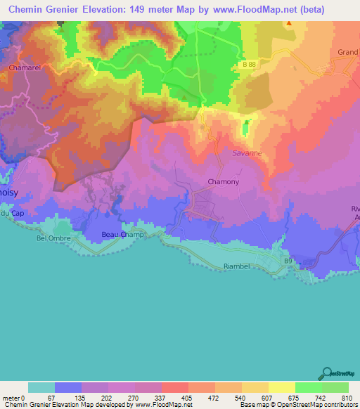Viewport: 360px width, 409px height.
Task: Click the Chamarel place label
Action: (x=26, y=67)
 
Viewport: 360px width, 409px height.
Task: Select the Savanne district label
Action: (x=246, y=152)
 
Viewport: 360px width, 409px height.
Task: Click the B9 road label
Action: (x=288, y=261)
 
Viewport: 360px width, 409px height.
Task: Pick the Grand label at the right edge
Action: (x=347, y=52)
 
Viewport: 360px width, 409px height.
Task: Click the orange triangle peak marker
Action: (x=288, y=22)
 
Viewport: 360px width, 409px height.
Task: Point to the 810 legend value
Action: (x=347, y=397)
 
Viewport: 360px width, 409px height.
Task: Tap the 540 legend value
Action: (x=241, y=397)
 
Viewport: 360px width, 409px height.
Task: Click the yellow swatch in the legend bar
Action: (x=281, y=387)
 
